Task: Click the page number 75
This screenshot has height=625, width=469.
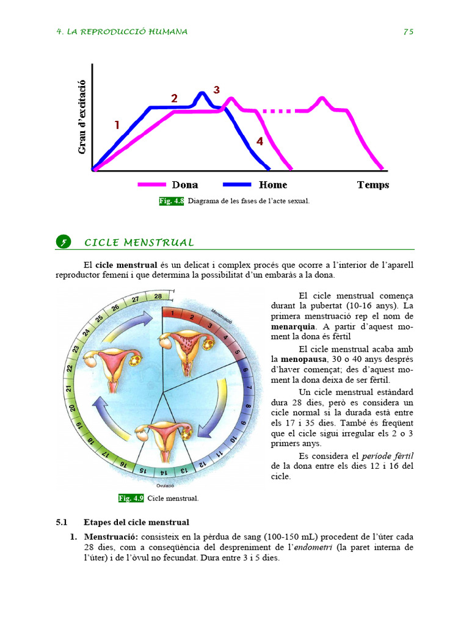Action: pyautogui.click(x=409, y=32)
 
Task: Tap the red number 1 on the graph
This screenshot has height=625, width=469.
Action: pyautogui.click(x=117, y=125)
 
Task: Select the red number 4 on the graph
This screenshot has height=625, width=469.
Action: pyautogui.click(x=260, y=141)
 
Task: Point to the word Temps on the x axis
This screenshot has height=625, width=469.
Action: pyautogui.click(x=373, y=185)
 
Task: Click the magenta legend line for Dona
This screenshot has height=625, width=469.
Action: pyautogui.click(x=152, y=184)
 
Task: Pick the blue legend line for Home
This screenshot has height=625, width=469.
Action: pyautogui.click(x=238, y=184)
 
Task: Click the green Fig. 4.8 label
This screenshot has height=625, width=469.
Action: pyautogui.click(x=172, y=201)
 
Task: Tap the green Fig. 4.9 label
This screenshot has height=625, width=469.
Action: pyautogui.click(x=131, y=498)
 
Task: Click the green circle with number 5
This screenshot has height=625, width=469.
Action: pyautogui.click(x=63, y=242)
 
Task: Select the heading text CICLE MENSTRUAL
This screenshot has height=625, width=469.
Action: pyautogui.click(x=139, y=243)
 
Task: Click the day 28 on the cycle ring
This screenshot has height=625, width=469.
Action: pyautogui.click(x=158, y=297)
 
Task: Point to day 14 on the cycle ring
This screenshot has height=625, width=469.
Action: pyautogui.click(x=163, y=472)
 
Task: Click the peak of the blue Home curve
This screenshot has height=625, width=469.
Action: pyautogui.click(x=202, y=93)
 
